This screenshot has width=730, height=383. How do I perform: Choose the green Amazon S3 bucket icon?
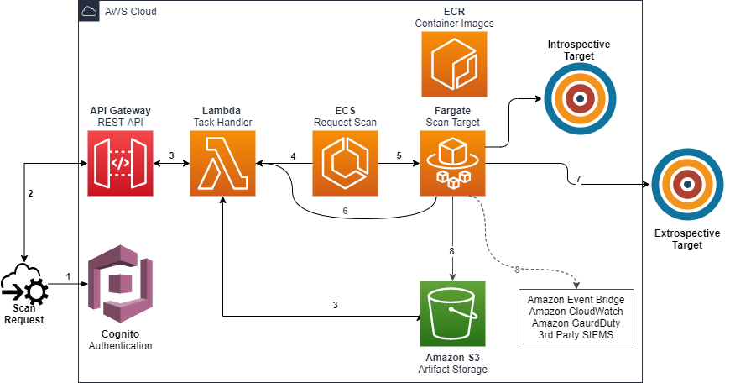[453, 313]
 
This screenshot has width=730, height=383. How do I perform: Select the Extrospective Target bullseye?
[686, 185]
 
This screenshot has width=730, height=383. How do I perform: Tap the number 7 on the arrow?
[578, 179]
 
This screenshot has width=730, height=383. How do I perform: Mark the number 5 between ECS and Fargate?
[399, 156]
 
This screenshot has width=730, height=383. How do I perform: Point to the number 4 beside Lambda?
[293, 156]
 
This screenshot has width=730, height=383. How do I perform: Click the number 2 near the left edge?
[31, 193]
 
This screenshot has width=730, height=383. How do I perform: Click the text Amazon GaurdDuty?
[576, 323]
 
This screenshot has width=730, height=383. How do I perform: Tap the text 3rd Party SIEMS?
[576, 335]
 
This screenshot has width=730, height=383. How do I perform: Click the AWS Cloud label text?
[131, 12]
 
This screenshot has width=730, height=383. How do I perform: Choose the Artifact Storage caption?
[453, 369]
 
